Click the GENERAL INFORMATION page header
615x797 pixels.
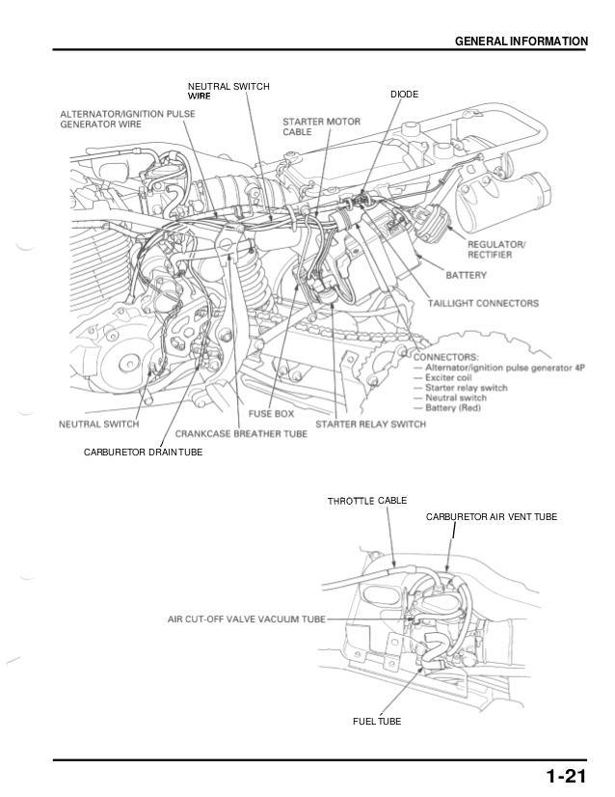pos(521,41)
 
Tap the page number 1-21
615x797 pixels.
pos(565,777)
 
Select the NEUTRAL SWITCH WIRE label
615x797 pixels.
pos(228,92)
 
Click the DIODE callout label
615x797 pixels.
pos(404,95)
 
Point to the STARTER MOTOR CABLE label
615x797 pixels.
pos(308,126)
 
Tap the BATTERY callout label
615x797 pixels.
pos(466,275)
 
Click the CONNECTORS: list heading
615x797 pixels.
pos(446,356)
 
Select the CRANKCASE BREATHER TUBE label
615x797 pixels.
pos(241,434)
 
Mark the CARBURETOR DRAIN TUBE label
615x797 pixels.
pos(143,453)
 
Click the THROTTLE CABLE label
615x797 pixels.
pos(366,501)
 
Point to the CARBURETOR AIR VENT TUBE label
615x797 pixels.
pos(491,517)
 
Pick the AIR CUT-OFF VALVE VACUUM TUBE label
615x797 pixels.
pos(247,618)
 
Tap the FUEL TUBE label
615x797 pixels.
pos(376,721)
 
